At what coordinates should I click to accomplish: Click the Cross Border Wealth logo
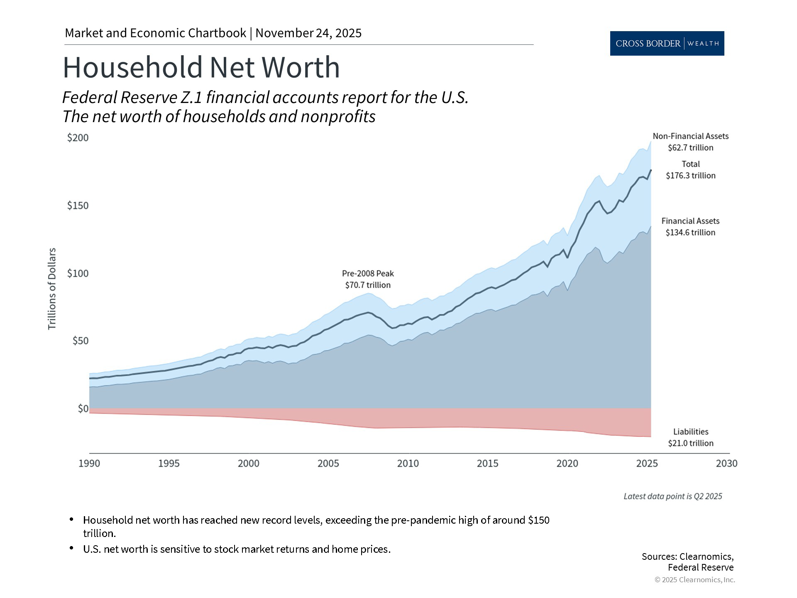pos(667,43)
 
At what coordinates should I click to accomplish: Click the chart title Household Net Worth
pos(201,67)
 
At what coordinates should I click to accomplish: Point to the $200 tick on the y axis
pos(78,137)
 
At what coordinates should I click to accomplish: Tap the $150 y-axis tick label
pos(78,206)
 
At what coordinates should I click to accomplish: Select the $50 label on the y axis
pos(81,341)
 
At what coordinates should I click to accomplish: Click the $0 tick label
pos(83,409)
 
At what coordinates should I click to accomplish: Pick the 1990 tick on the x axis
pos(89,463)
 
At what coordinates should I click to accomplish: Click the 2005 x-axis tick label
pos(328,463)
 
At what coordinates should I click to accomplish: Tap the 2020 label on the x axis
pos(567,463)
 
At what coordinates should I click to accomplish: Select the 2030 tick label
pos(726,463)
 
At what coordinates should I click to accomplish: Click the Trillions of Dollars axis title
pos(52,289)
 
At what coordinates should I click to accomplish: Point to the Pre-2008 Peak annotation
pos(368,279)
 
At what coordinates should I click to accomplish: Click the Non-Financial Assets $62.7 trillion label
pos(690,142)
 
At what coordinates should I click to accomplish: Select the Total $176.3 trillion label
pos(690,170)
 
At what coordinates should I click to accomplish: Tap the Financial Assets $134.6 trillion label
pos(690,227)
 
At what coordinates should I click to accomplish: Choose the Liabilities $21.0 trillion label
pos(690,437)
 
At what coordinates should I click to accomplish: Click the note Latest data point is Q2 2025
pos(672,496)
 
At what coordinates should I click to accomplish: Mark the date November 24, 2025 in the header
pos(308,33)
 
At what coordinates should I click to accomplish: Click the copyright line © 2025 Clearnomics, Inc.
pos(694,580)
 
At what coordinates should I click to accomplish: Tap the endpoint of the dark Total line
pos(650,170)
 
